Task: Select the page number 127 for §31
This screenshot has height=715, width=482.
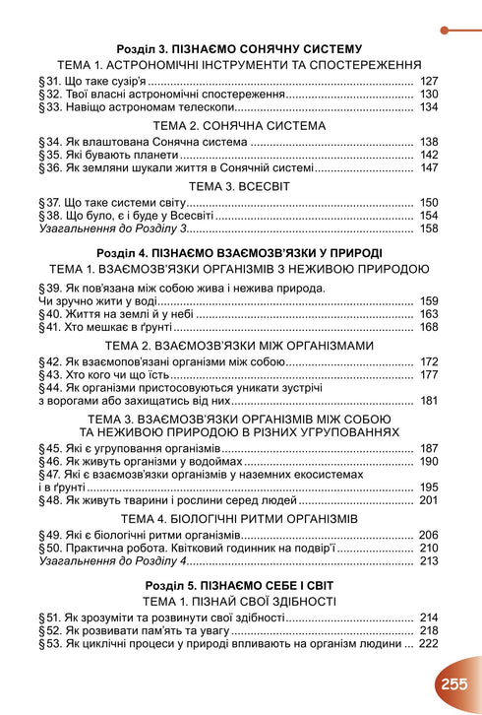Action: click(x=428, y=81)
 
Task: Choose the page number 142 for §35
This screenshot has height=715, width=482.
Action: click(x=428, y=155)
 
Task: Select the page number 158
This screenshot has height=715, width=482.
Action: click(x=428, y=228)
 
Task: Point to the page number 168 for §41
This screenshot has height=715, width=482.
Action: click(x=428, y=327)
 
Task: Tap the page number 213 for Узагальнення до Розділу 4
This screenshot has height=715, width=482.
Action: click(x=428, y=561)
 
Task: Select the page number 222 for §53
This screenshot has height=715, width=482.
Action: click(x=428, y=644)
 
